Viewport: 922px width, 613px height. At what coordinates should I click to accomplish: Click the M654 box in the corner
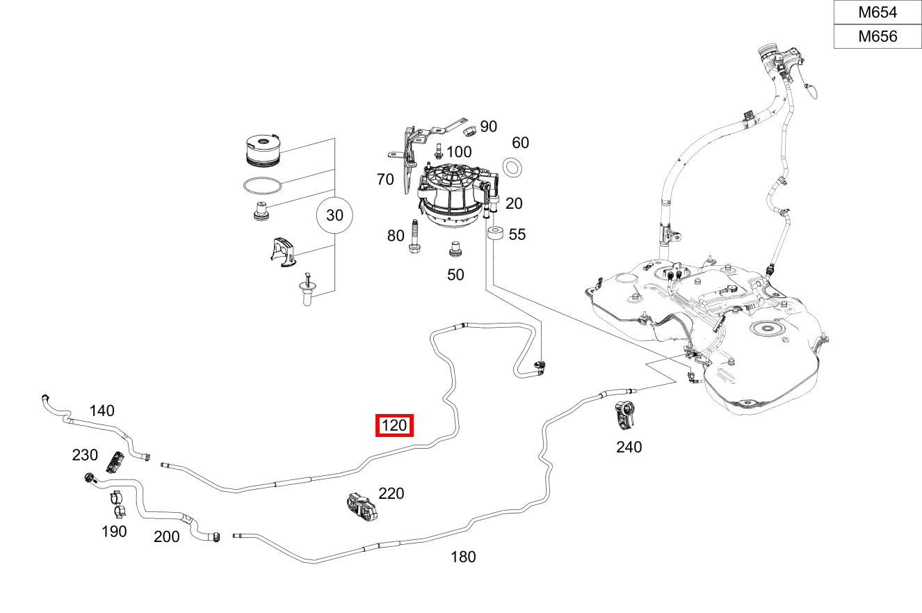point(877,12)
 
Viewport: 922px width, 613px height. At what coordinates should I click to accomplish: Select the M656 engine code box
point(877,36)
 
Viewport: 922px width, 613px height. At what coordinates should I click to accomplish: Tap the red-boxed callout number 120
point(394,425)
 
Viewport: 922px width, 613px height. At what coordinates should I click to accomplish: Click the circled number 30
point(334,216)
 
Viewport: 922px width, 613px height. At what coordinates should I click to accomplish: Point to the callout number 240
point(629,447)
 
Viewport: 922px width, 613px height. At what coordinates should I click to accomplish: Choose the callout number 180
point(463,557)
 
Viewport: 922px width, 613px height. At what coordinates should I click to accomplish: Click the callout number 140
point(102,411)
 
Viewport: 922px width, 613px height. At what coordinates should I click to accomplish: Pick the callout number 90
point(488,126)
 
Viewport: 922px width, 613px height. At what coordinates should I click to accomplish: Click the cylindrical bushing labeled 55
point(495,234)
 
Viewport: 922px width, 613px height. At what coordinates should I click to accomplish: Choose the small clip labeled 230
point(115,460)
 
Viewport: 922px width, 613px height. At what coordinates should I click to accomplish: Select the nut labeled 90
point(469,130)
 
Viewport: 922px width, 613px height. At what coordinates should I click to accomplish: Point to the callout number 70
point(385,180)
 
